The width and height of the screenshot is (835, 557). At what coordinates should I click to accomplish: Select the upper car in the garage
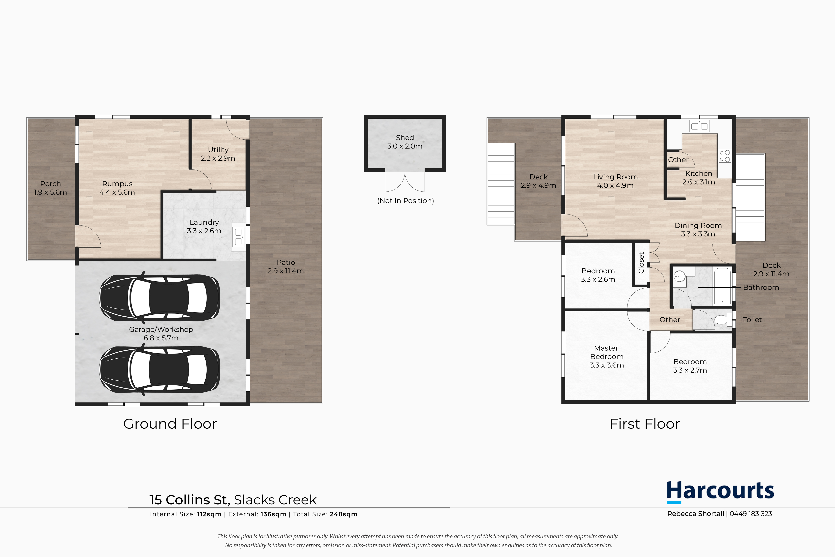point(160,298)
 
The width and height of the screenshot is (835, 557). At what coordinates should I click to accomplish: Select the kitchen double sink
point(699,126)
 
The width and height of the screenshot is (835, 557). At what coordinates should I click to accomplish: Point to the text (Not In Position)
point(406,201)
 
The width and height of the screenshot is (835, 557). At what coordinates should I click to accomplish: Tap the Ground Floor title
point(170,424)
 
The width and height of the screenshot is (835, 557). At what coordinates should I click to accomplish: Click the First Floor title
point(645,424)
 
